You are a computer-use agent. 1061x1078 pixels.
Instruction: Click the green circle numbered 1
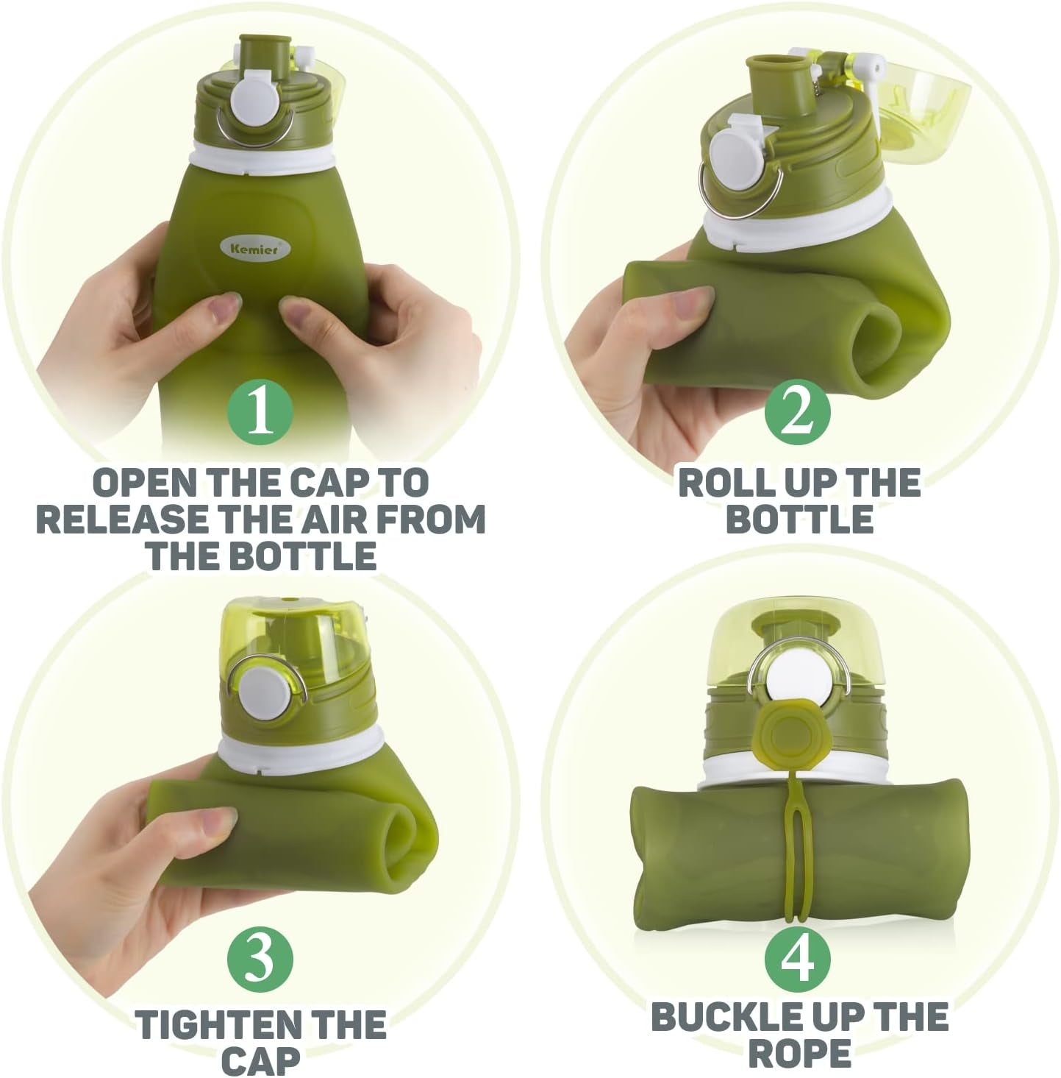(x=260, y=413)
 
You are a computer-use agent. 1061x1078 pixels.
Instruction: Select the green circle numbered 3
(x=260, y=957)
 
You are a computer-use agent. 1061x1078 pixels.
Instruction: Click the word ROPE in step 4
(x=799, y=1054)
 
